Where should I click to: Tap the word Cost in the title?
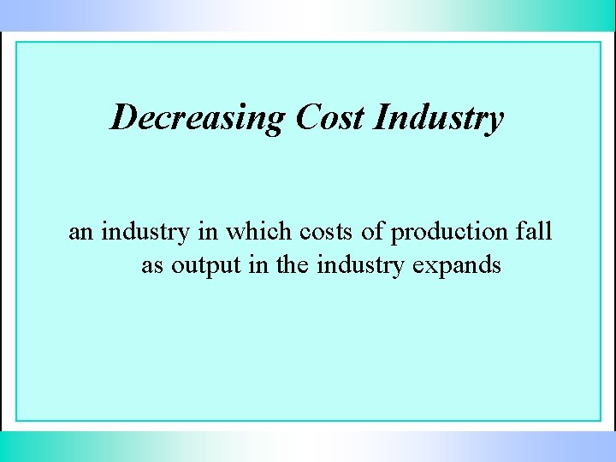[329, 117]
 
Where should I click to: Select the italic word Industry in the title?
[439, 118]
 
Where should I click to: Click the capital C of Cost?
[307, 117]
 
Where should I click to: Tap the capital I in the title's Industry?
[382, 117]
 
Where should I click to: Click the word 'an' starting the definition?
[80, 232]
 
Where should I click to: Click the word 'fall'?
[534, 232]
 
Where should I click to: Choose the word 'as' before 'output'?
[152, 266]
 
